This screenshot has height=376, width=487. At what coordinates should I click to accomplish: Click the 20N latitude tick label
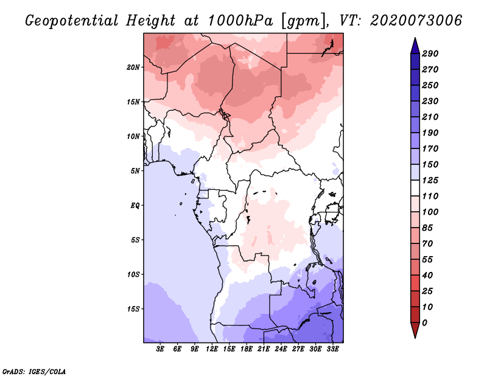(133, 68)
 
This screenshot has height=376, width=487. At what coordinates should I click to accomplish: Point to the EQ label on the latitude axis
(135, 206)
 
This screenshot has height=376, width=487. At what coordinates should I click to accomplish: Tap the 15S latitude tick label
(133, 309)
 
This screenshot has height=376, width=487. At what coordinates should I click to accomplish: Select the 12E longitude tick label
(212, 349)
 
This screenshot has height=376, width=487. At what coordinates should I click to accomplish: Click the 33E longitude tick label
(332, 349)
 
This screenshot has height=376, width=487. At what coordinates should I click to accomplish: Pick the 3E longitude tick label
(160, 349)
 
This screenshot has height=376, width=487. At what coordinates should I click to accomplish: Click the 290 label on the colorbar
(430, 54)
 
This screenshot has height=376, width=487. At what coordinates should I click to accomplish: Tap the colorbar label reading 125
(430, 180)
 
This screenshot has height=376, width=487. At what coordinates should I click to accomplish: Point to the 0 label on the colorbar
(424, 323)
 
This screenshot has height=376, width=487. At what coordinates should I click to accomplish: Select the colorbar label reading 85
(427, 228)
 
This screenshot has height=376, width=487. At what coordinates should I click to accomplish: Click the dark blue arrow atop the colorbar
(415, 46)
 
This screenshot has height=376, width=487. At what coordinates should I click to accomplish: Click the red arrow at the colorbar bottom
(415, 330)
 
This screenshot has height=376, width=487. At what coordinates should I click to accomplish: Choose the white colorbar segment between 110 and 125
(415, 188)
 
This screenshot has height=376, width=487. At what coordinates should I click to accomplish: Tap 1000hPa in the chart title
(240, 21)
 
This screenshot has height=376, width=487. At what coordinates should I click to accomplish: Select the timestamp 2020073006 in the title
(416, 21)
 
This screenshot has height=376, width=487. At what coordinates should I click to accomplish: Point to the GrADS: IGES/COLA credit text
(34, 372)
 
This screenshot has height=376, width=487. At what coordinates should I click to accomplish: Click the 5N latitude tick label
(135, 171)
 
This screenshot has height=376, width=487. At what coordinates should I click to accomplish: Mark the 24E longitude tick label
(281, 349)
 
